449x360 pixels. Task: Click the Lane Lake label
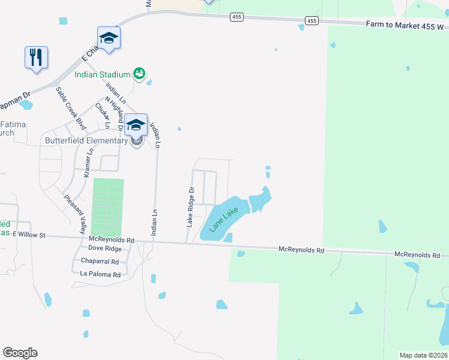[223, 220]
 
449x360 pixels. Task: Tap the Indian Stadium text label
[102, 74]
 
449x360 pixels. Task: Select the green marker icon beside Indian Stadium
[139, 73]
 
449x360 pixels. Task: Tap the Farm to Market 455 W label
[406, 26]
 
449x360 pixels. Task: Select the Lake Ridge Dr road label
[191, 206]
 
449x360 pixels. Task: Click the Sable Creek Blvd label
[70, 108]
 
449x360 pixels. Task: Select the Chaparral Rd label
[100, 262]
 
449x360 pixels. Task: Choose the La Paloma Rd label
[100, 275]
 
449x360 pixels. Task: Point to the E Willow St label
[29, 235]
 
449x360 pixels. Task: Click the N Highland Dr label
[114, 114]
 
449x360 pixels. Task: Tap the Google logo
[20, 353]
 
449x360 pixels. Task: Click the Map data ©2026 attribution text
[423, 355]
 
